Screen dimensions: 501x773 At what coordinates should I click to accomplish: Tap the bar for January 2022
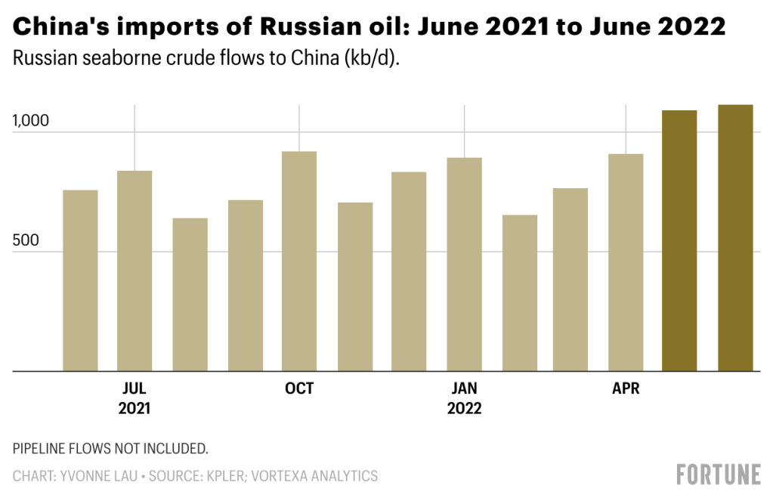click(x=464, y=264)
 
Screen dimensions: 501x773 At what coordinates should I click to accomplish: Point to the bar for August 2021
click(x=190, y=294)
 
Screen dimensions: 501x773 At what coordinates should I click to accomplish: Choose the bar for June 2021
click(x=80, y=280)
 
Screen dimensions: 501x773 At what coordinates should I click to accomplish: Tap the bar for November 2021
click(x=355, y=286)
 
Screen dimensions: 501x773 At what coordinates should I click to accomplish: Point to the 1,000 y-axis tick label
click(x=31, y=121)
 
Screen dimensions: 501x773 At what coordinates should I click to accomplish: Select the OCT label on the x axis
click(x=299, y=389)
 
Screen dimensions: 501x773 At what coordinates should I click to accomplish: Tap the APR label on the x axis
click(x=626, y=389)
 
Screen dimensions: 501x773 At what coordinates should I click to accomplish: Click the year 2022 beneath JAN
click(x=464, y=409)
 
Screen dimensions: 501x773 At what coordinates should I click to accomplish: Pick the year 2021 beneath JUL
click(x=135, y=409)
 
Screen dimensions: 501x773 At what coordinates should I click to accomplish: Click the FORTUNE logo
click(x=718, y=475)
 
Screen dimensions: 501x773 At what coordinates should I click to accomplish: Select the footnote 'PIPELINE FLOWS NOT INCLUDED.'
click(x=110, y=449)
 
